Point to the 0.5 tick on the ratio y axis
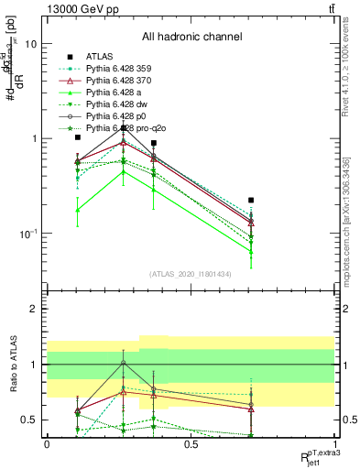[x=32, y=420]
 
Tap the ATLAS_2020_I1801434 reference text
[x=191, y=274]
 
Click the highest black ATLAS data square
[x=125, y=127]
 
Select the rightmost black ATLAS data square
[x=251, y=200]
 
